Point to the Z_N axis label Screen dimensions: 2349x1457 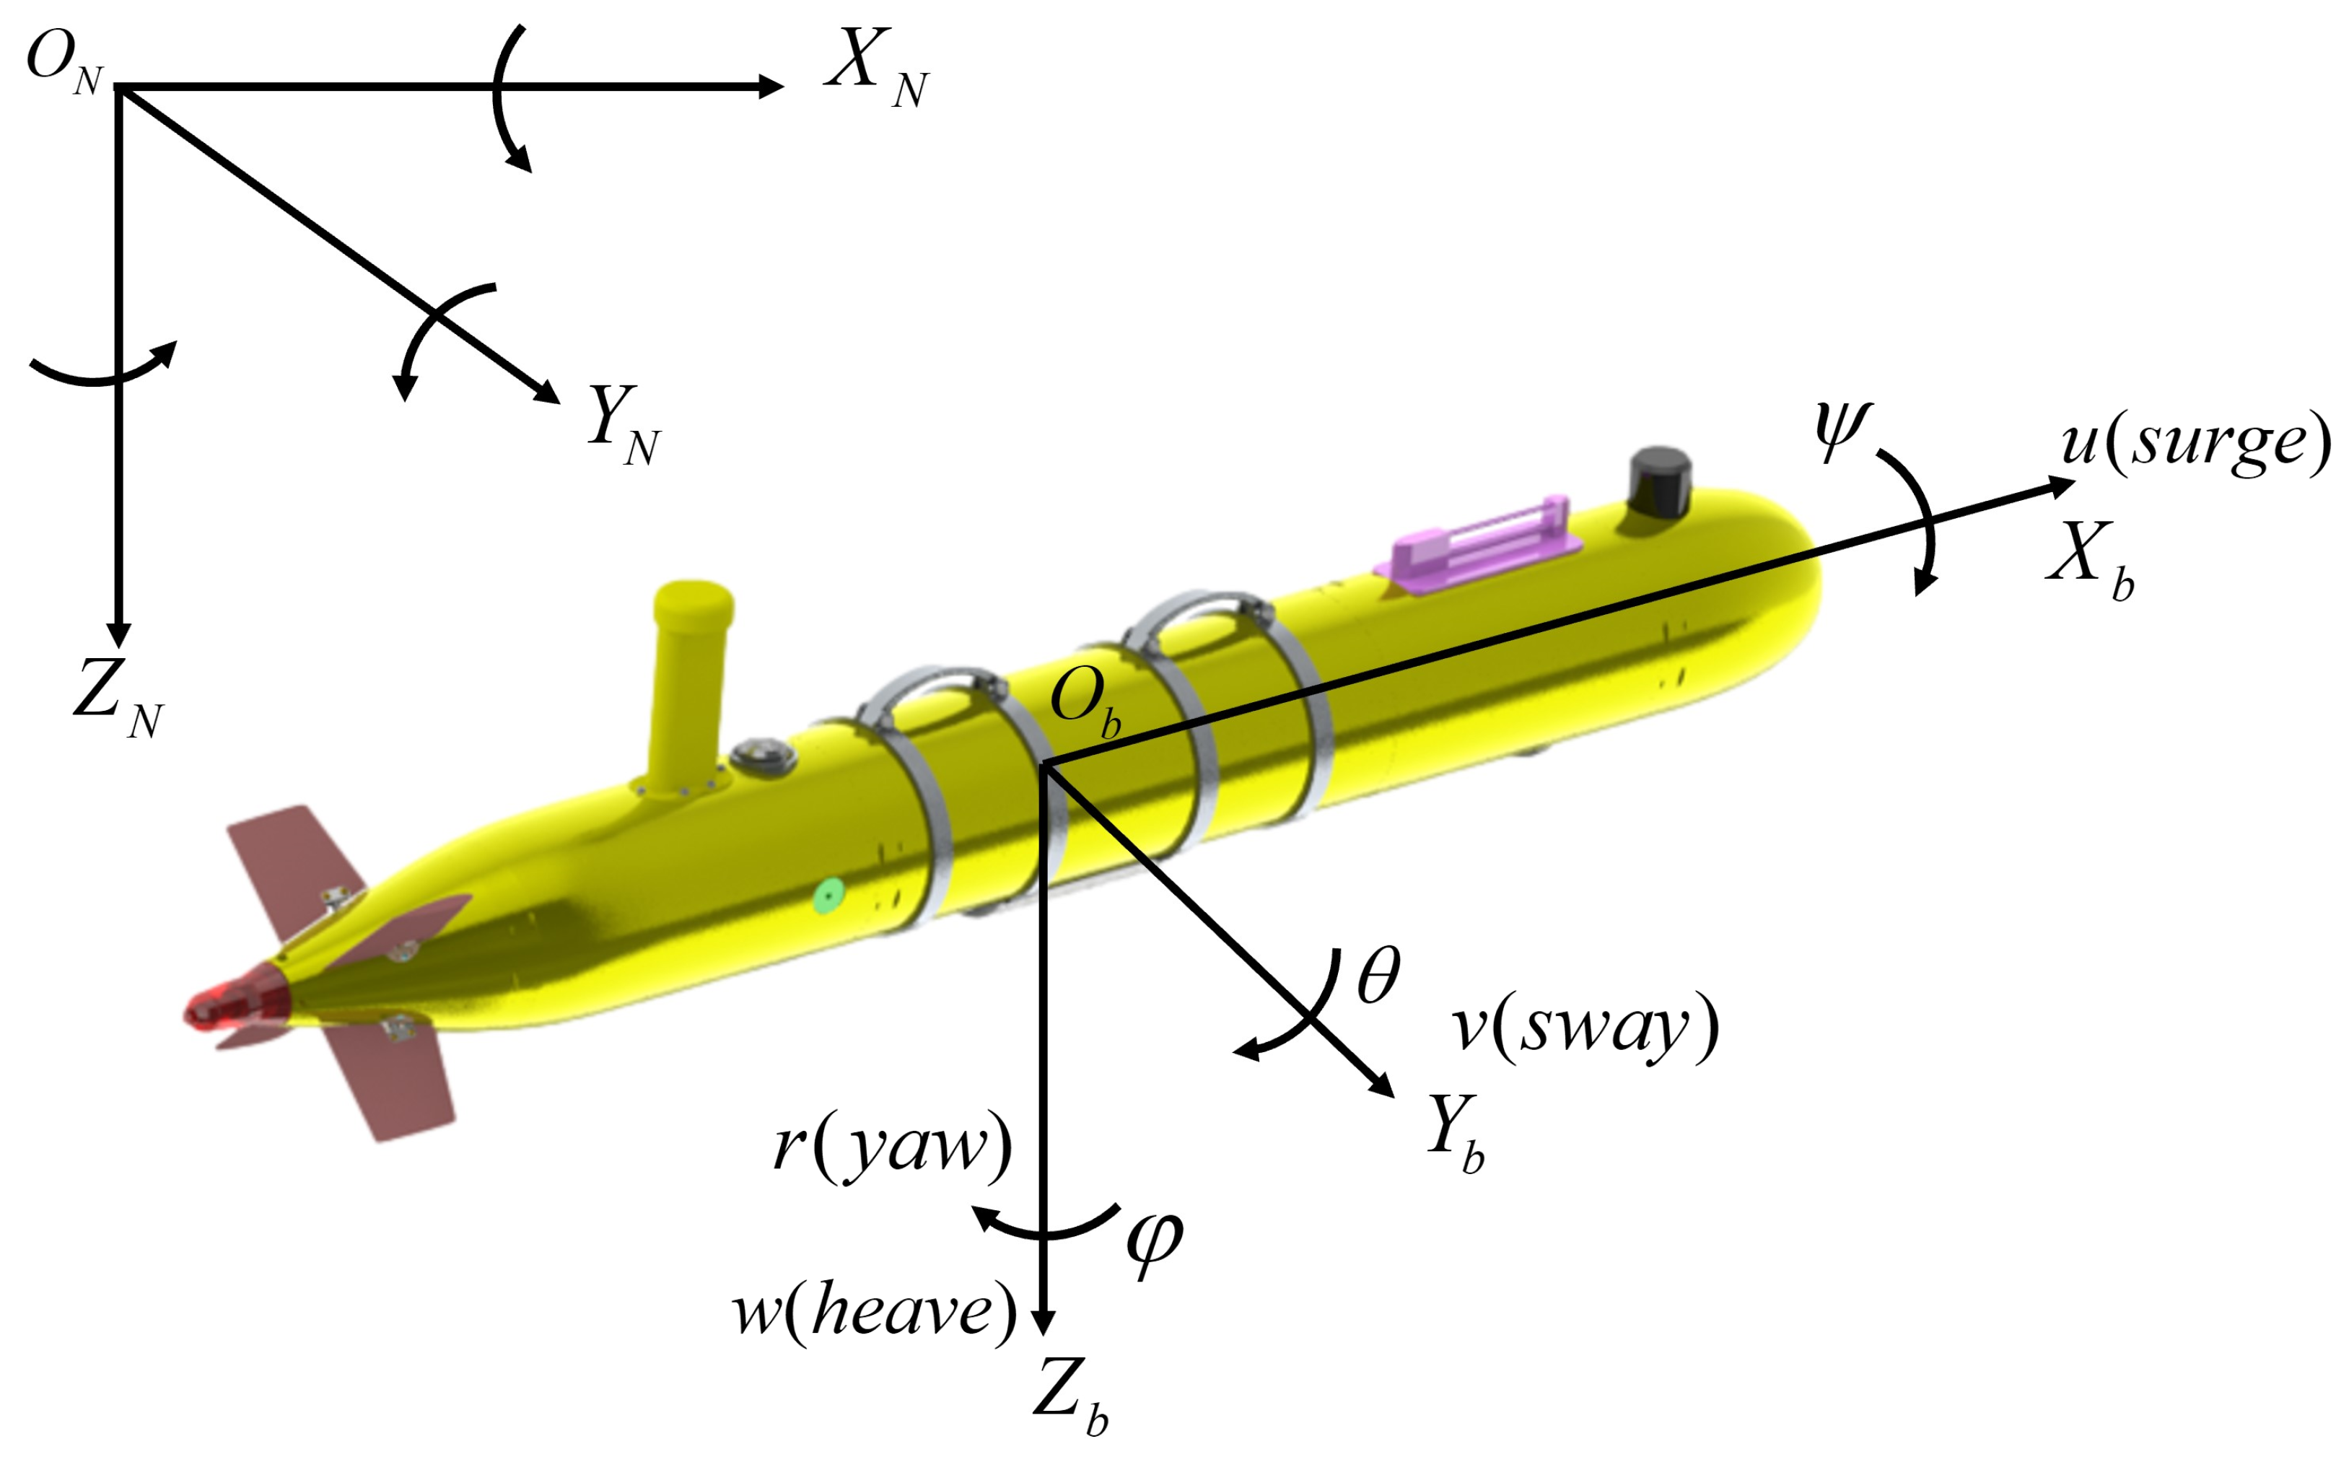[118, 698]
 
